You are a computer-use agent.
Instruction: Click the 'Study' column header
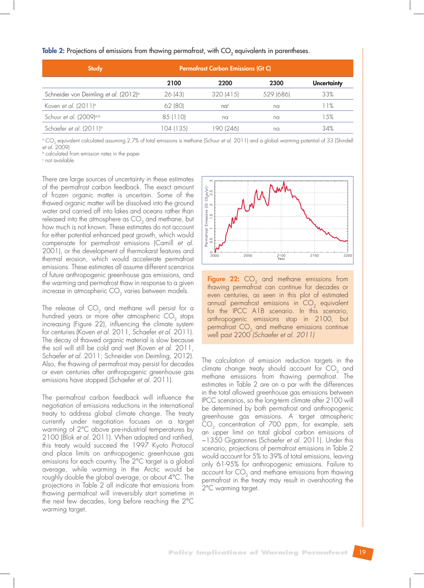(x=95, y=68)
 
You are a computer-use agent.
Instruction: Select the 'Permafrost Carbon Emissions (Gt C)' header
(x=225, y=68)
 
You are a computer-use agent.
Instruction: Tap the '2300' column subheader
(x=276, y=83)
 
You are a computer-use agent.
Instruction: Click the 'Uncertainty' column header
(x=327, y=83)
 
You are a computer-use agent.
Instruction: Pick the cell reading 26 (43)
(x=174, y=94)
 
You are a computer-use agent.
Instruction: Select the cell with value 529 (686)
(x=276, y=94)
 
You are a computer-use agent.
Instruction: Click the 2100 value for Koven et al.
(x=174, y=106)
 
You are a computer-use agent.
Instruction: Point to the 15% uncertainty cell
(x=328, y=117)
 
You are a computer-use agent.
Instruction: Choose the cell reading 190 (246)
(x=225, y=129)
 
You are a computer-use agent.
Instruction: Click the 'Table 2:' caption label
(x=53, y=51)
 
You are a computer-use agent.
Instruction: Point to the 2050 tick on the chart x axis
(x=248, y=255)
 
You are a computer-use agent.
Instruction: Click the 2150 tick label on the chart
(x=314, y=255)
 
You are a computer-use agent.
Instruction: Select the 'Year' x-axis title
(x=281, y=259)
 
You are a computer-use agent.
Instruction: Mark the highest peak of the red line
(x=284, y=182)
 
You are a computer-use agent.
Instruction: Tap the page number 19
(x=362, y=552)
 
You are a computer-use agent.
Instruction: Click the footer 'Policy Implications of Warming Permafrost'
(x=258, y=552)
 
